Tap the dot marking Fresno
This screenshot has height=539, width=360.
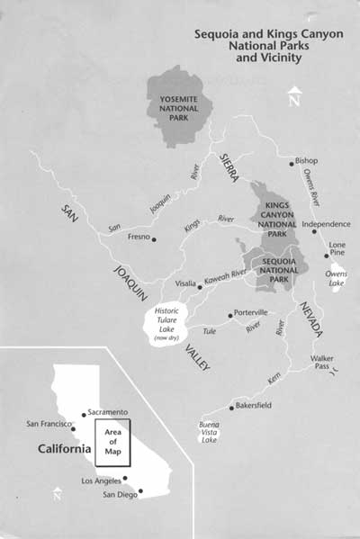pyautogui.click(x=154, y=239)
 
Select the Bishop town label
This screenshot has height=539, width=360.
pyautogui.click(x=306, y=162)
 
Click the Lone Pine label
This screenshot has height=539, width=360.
pyautogui.click(x=337, y=248)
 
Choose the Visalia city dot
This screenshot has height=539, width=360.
pyautogui.click(x=200, y=286)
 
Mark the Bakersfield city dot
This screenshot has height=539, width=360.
pyautogui.click(x=231, y=408)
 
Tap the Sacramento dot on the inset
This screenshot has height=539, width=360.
pyautogui.click(x=84, y=415)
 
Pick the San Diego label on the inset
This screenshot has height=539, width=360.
pyautogui.click(x=120, y=496)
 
